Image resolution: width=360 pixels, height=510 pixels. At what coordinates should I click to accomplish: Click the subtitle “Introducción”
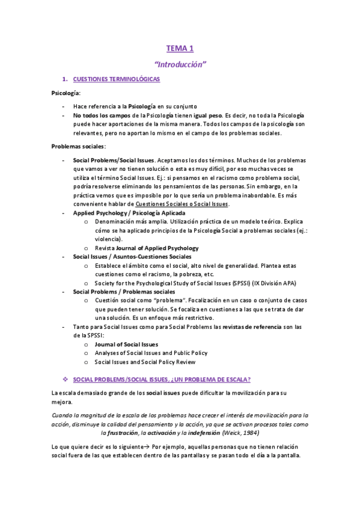coord(180,63)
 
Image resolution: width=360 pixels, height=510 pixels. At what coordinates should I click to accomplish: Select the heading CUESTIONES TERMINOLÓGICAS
coord(116,79)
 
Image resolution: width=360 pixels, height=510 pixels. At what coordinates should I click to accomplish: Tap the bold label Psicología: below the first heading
coord(66,93)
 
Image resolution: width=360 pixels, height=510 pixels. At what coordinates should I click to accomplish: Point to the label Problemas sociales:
coord(79,146)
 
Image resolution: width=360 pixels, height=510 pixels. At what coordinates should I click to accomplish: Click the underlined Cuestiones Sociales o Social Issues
coord(182,204)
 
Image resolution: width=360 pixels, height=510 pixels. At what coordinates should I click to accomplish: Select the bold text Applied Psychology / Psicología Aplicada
coord(129,213)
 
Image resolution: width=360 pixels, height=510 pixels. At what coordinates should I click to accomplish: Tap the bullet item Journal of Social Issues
coord(126,344)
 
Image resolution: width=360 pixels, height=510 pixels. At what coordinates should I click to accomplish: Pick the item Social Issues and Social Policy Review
coord(145,362)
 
